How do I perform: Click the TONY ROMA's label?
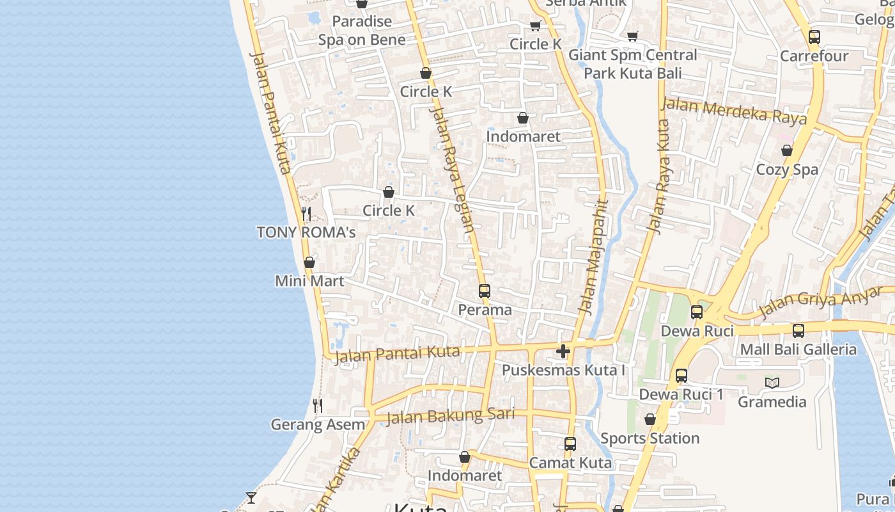(306, 232)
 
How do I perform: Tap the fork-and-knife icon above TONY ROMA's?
(306, 213)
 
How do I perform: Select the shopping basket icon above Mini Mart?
(309, 262)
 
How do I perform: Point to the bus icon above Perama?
(485, 291)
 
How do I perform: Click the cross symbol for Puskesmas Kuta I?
(563, 351)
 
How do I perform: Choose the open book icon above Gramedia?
(772, 383)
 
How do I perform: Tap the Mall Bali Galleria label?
(798, 349)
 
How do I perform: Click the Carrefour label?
(814, 56)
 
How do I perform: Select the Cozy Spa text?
(787, 170)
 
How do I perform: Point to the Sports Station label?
(650, 438)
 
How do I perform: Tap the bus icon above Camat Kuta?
(570, 444)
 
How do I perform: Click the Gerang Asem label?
(318, 424)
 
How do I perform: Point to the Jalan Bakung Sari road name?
(450, 416)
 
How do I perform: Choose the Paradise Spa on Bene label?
(362, 30)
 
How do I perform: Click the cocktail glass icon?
(251, 497)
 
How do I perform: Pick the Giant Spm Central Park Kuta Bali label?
(632, 64)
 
